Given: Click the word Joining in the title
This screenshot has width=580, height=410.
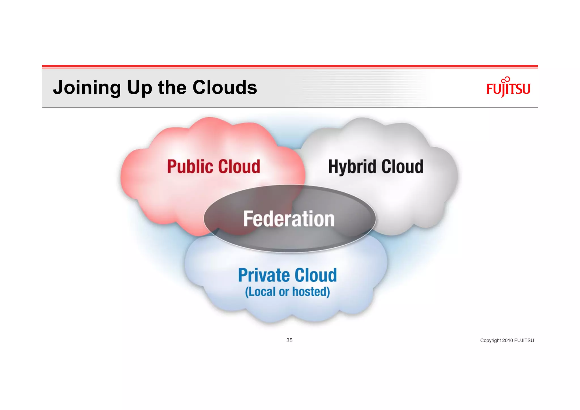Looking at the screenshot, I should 87,88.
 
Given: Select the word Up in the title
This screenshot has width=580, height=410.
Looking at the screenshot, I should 139,88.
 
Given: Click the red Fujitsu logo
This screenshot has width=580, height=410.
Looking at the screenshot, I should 508,88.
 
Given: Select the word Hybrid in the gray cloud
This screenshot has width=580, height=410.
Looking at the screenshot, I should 351,167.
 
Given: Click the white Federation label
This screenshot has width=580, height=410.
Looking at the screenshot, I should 289,219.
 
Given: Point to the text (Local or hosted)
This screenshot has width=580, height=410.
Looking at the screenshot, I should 287,292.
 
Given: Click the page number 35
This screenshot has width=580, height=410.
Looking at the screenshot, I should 289,340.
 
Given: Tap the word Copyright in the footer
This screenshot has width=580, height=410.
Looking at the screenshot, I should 490,341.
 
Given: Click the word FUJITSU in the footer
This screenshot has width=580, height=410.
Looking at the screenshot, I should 524,341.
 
